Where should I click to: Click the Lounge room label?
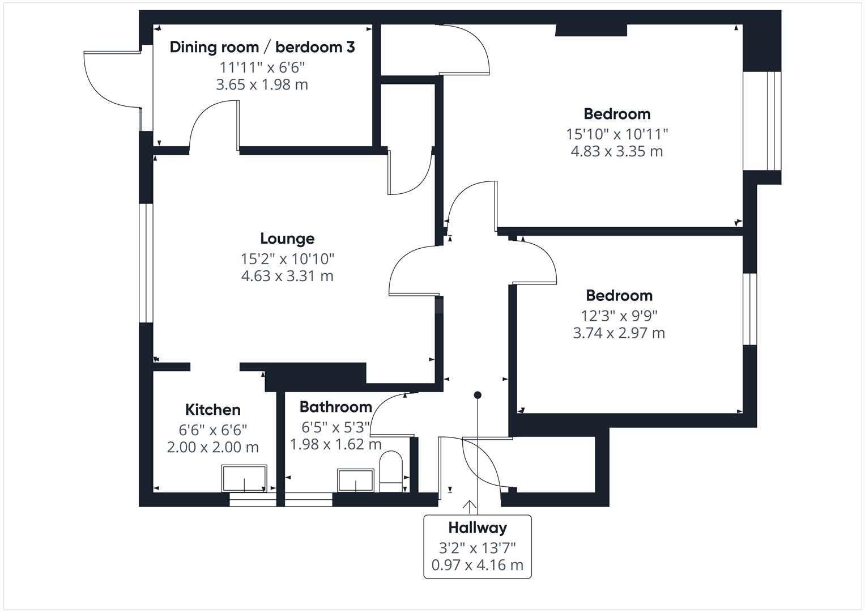[287, 239]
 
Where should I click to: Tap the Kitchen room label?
[212, 410]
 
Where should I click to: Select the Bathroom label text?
[335, 407]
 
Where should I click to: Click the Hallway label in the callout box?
[477, 528]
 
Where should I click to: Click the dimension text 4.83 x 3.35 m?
[616, 151]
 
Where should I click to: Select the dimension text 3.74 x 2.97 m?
[619, 333]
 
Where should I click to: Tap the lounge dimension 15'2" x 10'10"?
[287, 259]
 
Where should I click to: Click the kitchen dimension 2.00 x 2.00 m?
[212, 447]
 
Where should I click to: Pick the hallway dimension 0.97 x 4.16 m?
[477, 565]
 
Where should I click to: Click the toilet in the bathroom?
[390, 470]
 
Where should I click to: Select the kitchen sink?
[244, 479]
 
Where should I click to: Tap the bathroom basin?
[356, 480]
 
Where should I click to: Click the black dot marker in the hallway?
[478, 395]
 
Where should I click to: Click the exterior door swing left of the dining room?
[110, 79]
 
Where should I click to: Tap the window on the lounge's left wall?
[146, 263]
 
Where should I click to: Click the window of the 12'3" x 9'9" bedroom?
[750, 309]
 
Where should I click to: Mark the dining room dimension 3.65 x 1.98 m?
[262, 85]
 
